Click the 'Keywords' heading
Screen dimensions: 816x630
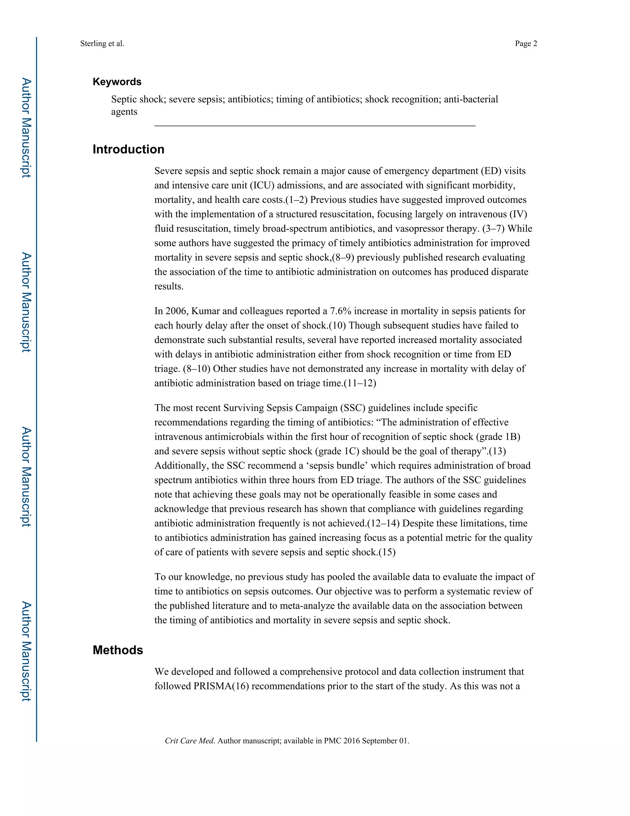(x=117, y=82)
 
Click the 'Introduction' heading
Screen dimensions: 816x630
(x=128, y=149)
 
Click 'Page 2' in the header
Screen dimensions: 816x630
(x=526, y=43)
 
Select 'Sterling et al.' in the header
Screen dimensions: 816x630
(x=102, y=43)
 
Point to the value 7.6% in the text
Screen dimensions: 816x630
(x=341, y=311)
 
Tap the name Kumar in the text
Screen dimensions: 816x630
(x=205, y=311)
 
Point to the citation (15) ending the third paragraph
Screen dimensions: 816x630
(x=387, y=552)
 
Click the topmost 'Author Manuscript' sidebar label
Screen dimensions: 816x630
(x=26, y=127)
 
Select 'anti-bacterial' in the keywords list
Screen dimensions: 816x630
(x=471, y=99)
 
